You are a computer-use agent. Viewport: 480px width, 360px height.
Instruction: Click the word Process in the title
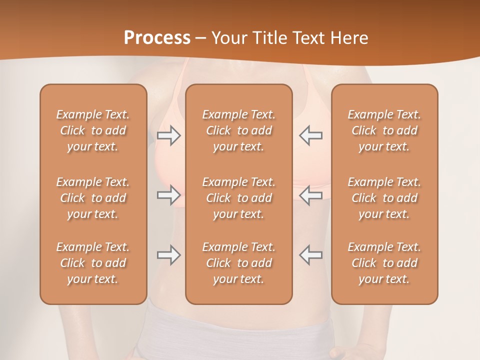click(x=157, y=38)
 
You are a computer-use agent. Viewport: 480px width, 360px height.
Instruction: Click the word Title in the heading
click(x=268, y=38)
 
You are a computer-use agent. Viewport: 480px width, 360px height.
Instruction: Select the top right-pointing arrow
click(x=168, y=135)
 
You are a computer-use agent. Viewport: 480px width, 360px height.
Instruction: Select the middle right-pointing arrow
click(x=168, y=195)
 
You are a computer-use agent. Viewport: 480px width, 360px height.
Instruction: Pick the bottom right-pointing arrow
click(x=168, y=255)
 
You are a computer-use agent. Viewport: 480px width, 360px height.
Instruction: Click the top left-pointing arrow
click(x=311, y=135)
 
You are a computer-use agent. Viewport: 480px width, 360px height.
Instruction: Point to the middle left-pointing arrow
click(x=311, y=195)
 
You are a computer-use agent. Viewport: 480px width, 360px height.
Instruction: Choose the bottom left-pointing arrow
click(x=311, y=255)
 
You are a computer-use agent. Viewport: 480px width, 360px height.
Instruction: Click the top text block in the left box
click(x=93, y=130)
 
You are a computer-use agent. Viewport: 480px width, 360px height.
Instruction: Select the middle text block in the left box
click(x=93, y=198)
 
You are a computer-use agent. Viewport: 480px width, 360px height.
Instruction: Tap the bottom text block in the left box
click(x=93, y=263)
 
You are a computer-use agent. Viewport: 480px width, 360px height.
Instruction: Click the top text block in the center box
click(x=239, y=130)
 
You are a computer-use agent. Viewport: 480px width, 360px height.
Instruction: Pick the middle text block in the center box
click(x=239, y=198)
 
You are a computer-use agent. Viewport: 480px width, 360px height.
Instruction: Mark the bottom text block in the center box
click(x=239, y=263)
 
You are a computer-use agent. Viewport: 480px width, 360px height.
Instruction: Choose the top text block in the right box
click(x=384, y=130)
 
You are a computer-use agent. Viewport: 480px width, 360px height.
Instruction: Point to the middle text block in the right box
click(x=384, y=198)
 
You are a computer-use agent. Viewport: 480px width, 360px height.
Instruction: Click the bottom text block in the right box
click(x=384, y=263)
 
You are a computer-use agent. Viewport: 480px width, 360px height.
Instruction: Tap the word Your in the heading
click(x=228, y=38)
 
